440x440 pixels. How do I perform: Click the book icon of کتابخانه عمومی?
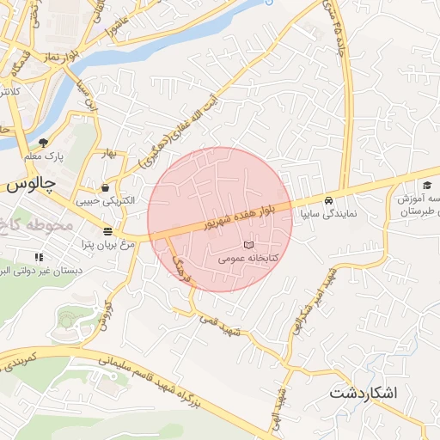[249, 246]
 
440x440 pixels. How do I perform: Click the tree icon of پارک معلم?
[44, 143]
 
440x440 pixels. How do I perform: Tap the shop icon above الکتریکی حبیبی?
[105, 187]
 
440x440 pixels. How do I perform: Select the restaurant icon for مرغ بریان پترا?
[107, 231]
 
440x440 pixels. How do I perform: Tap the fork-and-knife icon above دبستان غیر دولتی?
[39, 257]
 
